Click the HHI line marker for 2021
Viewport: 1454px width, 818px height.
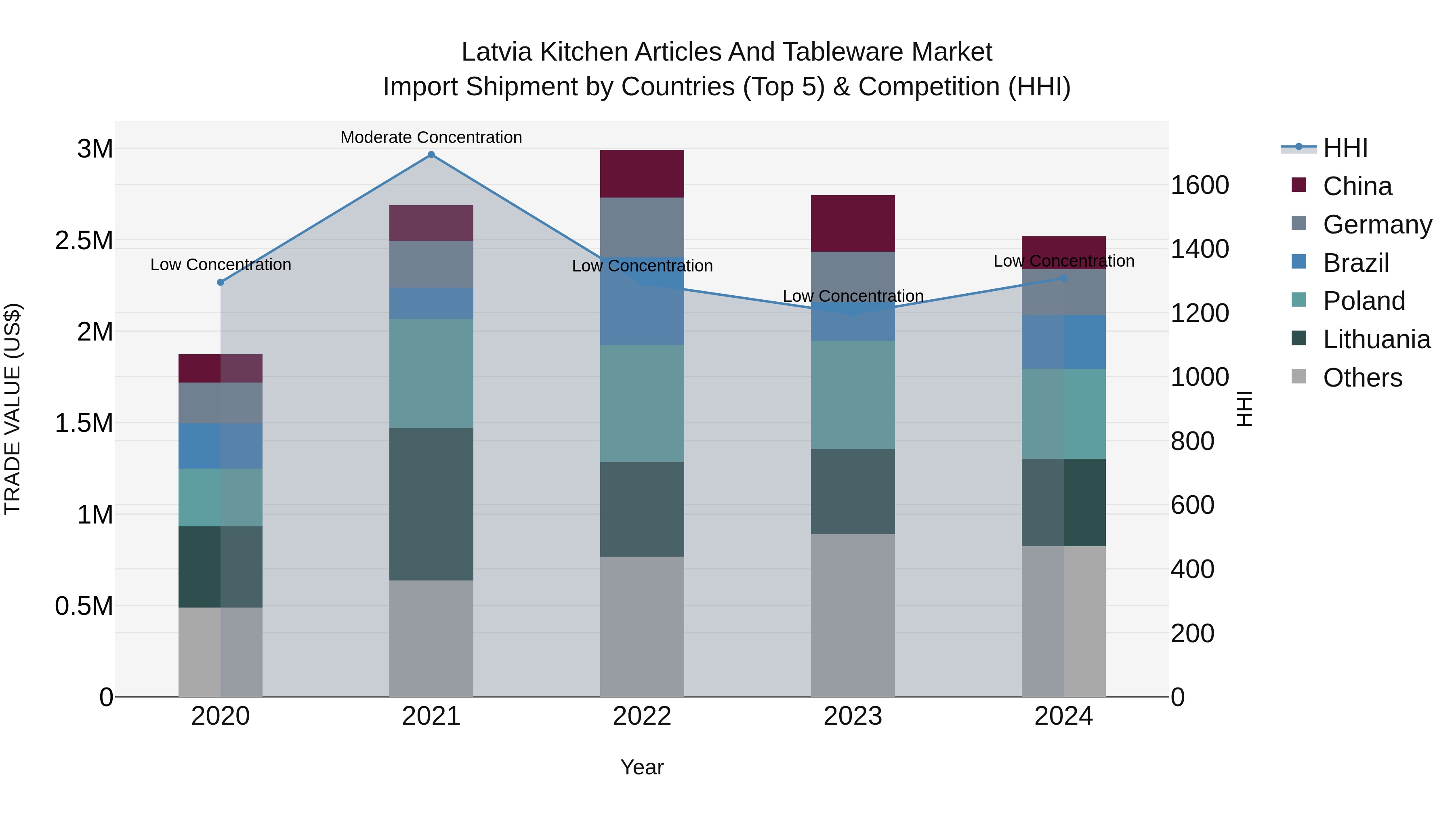pos(431,155)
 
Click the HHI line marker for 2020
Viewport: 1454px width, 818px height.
pos(221,282)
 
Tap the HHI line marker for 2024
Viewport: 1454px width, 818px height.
pos(1064,278)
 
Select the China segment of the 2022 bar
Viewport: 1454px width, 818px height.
pos(642,174)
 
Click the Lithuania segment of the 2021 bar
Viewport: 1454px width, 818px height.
pos(431,504)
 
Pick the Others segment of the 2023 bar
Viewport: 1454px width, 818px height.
pos(853,615)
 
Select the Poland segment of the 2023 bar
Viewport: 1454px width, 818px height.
pos(853,395)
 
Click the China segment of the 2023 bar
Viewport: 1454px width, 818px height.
pos(853,223)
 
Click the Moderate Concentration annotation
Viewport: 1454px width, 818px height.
pos(431,137)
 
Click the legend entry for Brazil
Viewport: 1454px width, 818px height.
pos(1355,263)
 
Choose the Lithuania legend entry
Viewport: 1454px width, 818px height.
pos(1376,339)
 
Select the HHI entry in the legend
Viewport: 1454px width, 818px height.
pos(1345,148)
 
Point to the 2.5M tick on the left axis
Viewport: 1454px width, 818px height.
pos(84,240)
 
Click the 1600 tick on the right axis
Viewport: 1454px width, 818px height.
pos(1200,185)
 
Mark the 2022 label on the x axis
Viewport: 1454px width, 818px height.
pos(642,716)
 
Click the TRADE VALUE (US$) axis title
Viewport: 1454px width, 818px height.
pos(13,409)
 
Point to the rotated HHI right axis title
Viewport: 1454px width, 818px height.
pos(1244,409)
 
